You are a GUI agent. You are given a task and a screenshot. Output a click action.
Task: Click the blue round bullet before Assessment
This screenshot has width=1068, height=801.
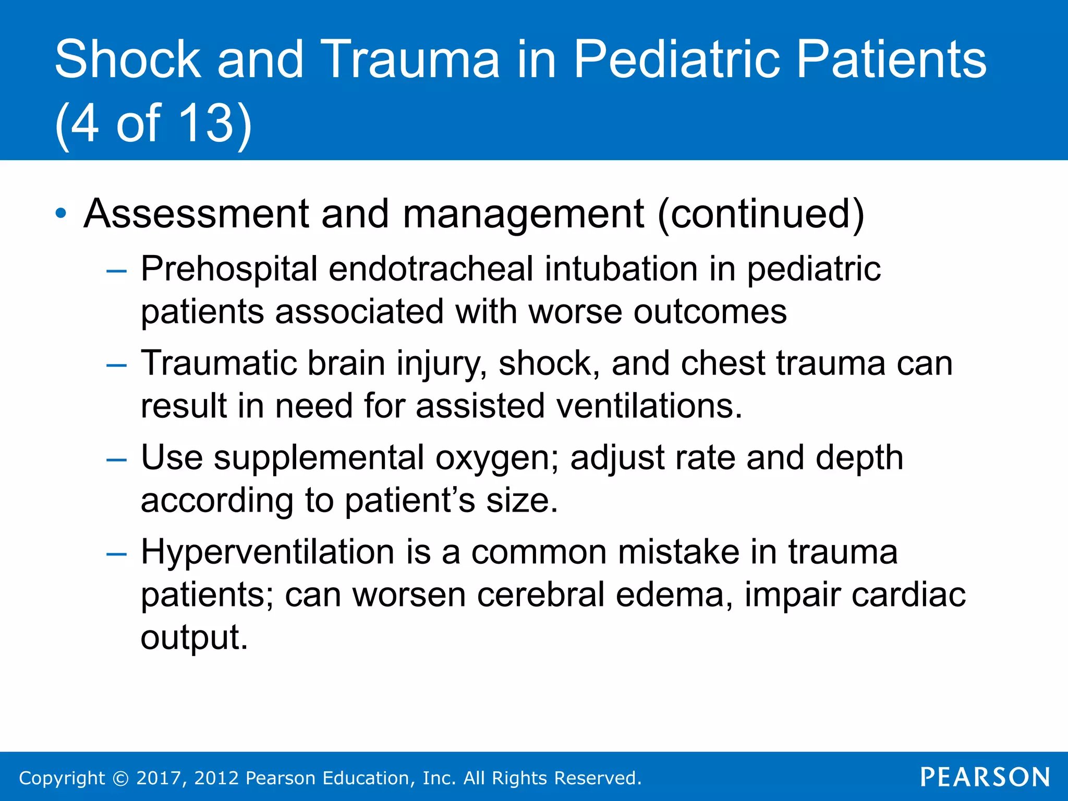61,213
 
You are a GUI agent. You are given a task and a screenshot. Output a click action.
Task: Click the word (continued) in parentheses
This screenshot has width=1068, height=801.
761,214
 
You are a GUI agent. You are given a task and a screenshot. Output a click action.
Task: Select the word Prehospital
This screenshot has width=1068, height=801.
229,270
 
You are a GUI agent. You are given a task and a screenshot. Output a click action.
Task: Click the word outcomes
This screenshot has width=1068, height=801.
710,312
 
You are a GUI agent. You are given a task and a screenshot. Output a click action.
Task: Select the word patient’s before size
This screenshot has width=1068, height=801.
410,501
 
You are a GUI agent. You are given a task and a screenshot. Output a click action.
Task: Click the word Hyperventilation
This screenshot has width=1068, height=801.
268,552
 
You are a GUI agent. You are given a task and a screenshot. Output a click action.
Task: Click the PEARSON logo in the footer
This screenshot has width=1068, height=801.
985,778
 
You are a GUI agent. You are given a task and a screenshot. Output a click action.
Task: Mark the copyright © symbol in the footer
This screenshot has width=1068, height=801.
120,779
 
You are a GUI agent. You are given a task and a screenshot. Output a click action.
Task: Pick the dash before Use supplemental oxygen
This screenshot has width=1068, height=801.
116,460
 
